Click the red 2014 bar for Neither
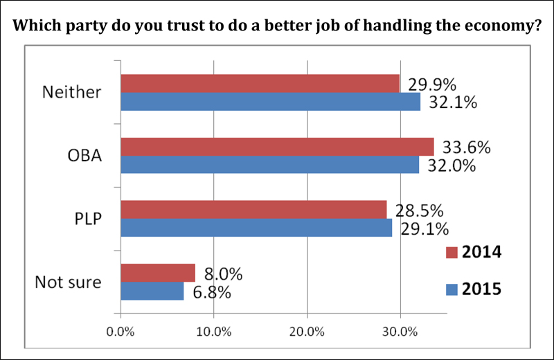point(260,84)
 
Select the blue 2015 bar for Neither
point(271,102)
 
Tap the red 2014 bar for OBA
point(277,147)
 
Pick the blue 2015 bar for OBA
point(270,164)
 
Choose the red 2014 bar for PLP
point(253,210)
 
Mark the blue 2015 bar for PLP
point(256,228)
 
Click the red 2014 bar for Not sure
point(158,273)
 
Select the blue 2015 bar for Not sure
point(152,291)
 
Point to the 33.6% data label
point(466,147)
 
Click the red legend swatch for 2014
point(451,252)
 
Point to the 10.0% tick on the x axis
point(214,332)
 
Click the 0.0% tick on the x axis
point(121,332)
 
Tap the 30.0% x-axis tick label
point(400,332)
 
